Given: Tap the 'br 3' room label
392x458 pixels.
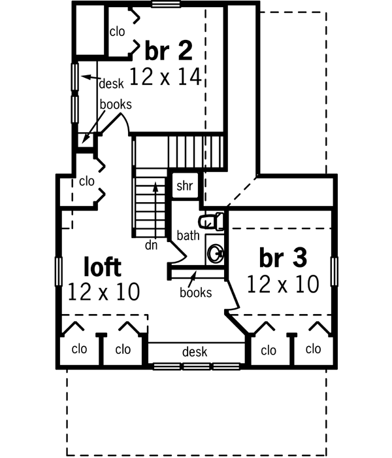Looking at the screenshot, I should pos(282,258).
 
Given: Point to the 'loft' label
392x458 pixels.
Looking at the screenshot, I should pos(103,266).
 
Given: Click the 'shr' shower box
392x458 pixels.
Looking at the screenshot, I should pos(184,186).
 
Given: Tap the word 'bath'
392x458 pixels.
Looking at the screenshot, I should pos(188,234).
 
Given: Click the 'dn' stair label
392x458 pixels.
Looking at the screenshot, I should pos(152,246).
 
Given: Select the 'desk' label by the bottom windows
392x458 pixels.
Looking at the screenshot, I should pos(195,352).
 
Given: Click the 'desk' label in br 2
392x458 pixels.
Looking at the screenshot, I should pos(111,83).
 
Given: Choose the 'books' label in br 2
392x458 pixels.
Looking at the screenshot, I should pos(116,104).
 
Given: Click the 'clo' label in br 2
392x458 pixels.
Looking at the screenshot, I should pos(117,31).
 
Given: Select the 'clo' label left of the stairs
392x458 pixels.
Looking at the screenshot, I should pos(87,181).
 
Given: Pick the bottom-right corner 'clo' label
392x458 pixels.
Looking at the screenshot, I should pos(314,349).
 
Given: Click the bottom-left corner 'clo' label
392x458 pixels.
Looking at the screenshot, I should pos(79,349).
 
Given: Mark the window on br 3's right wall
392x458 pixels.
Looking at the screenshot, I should pos(335,272).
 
